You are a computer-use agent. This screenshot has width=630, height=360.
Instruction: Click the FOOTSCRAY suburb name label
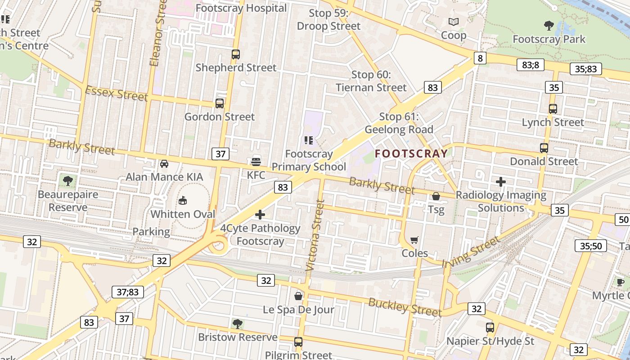[x=411, y=153]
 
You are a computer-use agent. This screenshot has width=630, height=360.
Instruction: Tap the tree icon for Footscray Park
[x=549, y=25]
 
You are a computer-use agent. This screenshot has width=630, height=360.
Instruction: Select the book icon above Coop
[x=453, y=22]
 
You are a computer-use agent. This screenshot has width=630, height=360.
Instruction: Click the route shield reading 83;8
[x=531, y=65]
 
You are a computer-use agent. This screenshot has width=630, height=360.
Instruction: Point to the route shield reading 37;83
[x=128, y=292]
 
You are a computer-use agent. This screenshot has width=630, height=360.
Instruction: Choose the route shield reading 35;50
[x=591, y=246]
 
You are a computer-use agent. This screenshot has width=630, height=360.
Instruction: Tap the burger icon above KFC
[x=256, y=162]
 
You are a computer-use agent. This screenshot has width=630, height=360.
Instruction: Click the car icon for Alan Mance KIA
[x=164, y=164]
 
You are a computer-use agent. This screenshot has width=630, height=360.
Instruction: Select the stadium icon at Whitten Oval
[x=183, y=200]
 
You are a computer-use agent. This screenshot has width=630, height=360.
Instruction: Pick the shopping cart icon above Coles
[x=414, y=240]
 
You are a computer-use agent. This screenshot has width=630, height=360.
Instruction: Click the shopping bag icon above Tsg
[x=436, y=196]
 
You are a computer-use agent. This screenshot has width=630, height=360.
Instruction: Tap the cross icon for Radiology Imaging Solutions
[x=500, y=182]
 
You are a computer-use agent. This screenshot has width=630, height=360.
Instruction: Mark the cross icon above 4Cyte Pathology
[x=260, y=215]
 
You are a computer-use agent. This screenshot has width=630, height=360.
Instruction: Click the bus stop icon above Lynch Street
[x=553, y=109]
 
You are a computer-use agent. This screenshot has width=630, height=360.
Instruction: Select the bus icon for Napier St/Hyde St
[x=490, y=328]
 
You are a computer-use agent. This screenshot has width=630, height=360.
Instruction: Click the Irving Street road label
[x=471, y=252]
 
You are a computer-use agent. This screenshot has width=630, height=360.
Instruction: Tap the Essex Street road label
[x=116, y=93]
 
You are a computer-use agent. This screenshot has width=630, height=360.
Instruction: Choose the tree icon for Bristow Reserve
[x=237, y=324]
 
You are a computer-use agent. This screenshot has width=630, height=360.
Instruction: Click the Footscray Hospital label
[x=241, y=8]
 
